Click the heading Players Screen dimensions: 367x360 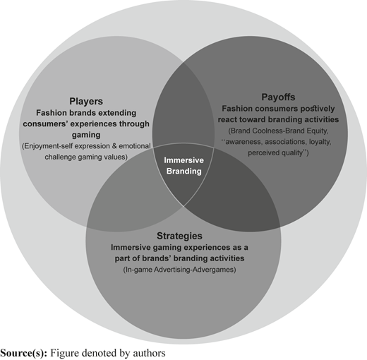86,102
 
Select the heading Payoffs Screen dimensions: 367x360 278,97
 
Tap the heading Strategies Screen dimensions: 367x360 179,236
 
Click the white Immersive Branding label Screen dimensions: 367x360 183,166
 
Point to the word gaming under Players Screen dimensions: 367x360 86,135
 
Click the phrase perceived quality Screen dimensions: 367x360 275,153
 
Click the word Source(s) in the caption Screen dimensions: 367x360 24,353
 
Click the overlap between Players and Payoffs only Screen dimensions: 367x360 183,104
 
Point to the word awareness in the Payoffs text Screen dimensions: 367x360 243,142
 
